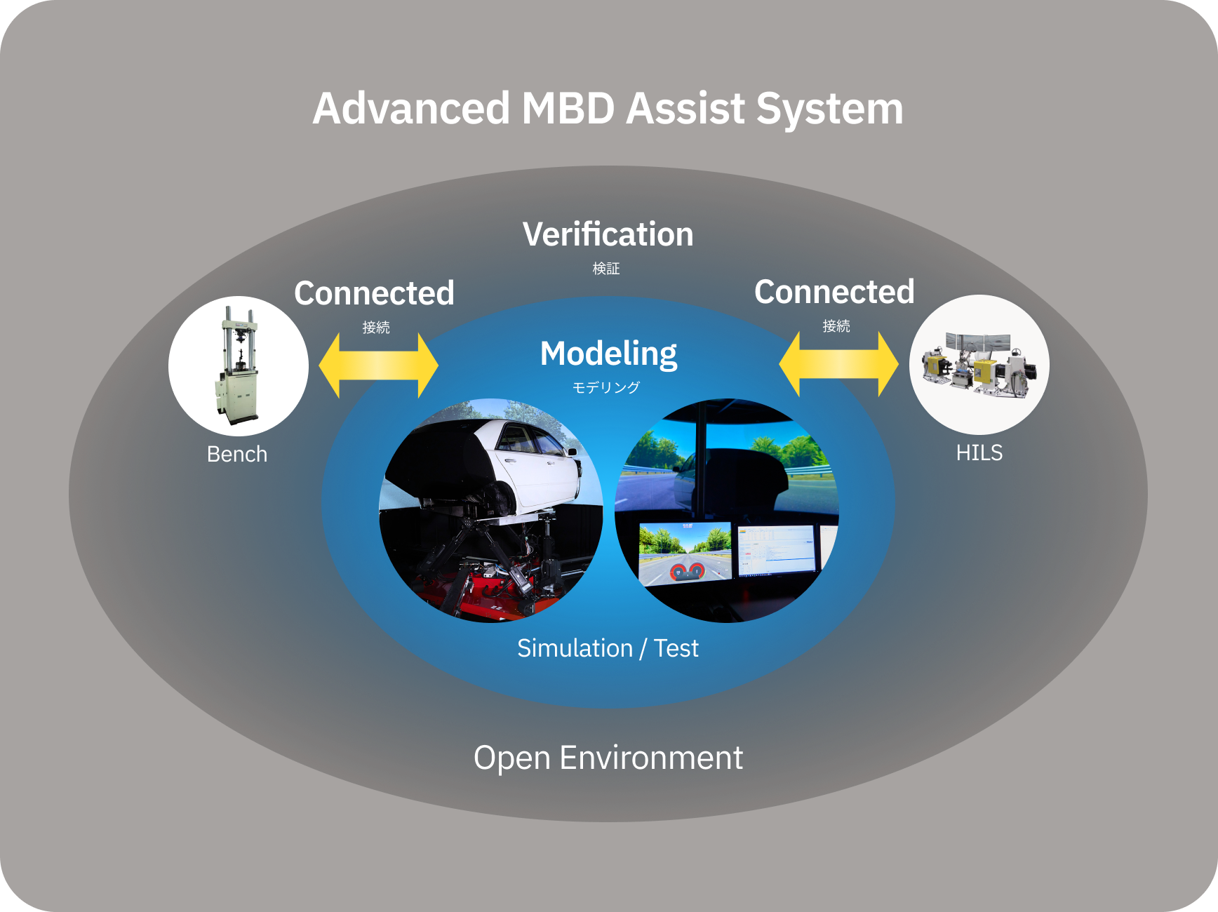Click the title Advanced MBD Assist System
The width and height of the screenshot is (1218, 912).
[x=608, y=109]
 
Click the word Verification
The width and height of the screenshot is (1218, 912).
[x=608, y=234]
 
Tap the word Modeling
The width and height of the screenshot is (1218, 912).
[x=608, y=354]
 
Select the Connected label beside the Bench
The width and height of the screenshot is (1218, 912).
[x=374, y=293]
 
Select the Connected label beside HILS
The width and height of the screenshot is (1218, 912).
[x=834, y=292]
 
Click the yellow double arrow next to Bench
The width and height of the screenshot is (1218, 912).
[x=378, y=366]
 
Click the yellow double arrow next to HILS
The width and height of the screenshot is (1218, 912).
[x=838, y=364]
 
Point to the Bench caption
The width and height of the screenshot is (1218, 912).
[x=237, y=455]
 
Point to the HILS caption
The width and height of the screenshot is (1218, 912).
[x=979, y=453]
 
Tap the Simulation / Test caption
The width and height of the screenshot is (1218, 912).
[x=608, y=648]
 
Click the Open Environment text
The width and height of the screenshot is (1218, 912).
[x=608, y=758]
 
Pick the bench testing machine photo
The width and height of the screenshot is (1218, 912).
[x=238, y=366]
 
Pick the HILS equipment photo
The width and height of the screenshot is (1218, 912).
[x=979, y=364]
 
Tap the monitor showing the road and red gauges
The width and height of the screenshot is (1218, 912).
[x=684, y=554]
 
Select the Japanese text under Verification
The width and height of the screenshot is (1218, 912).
[x=606, y=269]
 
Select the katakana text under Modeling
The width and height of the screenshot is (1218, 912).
[x=606, y=387]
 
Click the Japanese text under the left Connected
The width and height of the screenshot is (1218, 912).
[x=376, y=328]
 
